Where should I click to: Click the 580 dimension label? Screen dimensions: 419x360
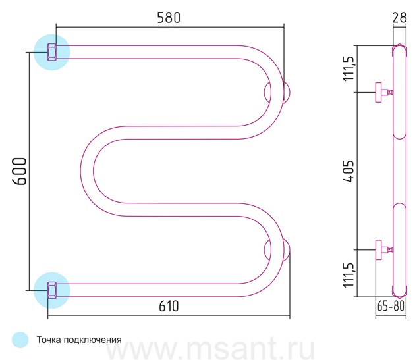[x=169, y=18]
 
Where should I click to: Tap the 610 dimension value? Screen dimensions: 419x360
[x=169, y=306]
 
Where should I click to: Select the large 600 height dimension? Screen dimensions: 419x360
[x=20, y=171]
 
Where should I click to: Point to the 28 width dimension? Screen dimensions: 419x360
[x=399, y=18]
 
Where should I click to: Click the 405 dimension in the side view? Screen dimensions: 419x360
[x=349, y=171]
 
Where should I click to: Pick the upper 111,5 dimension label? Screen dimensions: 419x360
[x=349, y=68]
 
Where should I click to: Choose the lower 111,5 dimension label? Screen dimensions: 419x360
[x=349, y=274]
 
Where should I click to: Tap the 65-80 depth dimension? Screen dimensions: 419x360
[x=391, y=306]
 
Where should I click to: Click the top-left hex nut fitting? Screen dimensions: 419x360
[x=52, y=52]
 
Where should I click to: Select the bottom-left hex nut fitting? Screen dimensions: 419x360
[x=52, y=290]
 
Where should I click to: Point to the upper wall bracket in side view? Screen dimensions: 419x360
[x=383, y=92]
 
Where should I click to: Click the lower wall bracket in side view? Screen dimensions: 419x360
[x=383, y=250]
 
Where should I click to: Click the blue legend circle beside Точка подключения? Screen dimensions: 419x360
[x=20, y=340]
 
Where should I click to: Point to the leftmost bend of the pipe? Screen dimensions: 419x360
[x=87, y=171]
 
